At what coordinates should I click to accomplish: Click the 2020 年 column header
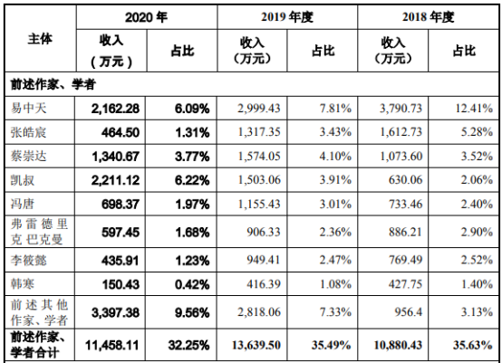146,17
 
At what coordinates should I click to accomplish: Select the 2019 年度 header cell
287,17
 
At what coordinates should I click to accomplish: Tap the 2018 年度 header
428,17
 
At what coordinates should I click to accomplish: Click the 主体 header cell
40,39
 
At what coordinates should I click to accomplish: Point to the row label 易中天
28,108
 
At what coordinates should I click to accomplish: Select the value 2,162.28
115,109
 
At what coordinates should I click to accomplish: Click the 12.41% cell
474,109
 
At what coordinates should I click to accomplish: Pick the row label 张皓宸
28,132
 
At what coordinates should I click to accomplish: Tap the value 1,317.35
259,132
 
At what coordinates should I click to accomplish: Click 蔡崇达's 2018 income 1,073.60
401,156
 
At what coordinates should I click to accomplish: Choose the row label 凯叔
23,180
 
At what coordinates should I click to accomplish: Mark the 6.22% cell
192,180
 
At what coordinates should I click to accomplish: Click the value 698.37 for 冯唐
121,204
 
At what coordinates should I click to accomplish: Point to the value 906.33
264,232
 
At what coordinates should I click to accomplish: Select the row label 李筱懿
28,260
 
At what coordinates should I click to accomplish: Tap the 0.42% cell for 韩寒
192,284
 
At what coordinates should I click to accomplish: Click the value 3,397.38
115,312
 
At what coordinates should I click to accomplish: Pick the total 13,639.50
256,345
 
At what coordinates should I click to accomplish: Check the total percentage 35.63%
472,345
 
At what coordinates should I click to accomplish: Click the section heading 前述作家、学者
53,84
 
